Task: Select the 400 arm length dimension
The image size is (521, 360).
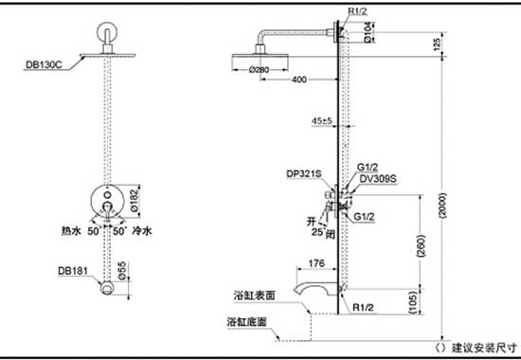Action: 299,80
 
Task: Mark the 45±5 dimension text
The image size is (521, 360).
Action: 322,122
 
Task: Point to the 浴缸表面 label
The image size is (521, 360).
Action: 251,296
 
